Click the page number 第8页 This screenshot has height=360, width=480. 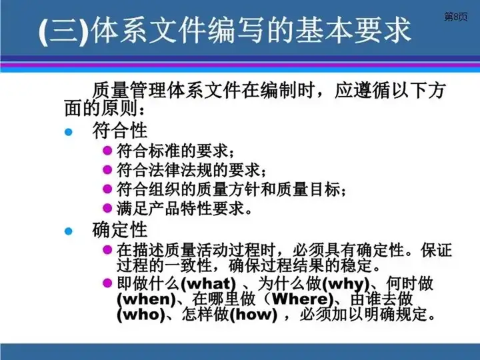456,17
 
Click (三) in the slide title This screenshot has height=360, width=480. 64,31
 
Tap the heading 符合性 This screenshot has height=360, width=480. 120,131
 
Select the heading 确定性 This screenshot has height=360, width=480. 120,229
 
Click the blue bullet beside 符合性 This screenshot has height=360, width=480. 69,132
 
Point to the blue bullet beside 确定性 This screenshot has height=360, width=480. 69,231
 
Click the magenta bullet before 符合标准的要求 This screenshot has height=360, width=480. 107,151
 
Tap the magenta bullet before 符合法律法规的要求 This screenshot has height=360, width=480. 107,169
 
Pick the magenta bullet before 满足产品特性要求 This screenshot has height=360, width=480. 107,208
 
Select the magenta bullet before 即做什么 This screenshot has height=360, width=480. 107,283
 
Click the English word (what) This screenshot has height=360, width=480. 209,284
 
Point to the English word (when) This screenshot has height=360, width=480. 146,299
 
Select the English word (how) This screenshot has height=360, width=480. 253,315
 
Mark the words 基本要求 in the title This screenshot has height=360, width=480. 353,30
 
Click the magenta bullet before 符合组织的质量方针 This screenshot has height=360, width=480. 107,189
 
